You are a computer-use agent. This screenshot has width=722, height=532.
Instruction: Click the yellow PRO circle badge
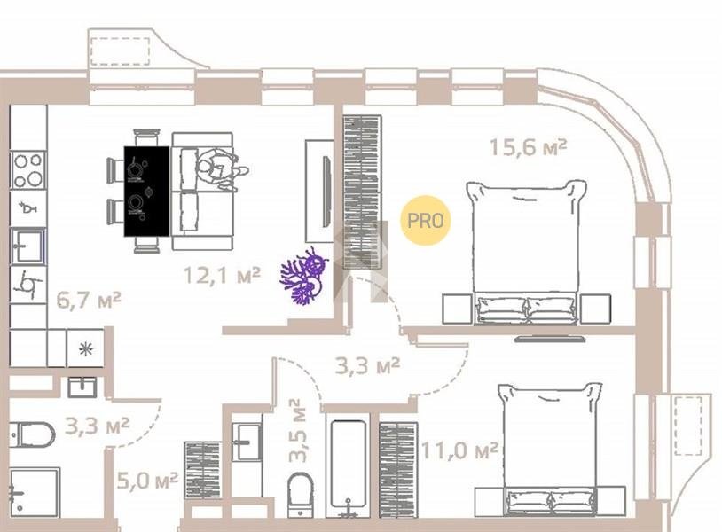click(425, 220)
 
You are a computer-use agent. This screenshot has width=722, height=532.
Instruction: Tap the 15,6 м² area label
click(528, 147)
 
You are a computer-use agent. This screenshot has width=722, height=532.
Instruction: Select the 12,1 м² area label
click(222, 275)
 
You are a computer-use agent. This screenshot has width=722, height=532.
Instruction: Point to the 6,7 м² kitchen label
click(89, 300)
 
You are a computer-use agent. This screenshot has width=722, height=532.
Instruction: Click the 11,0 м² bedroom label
click(459, 450)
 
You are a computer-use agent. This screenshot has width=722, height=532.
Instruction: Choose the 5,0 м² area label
click(147, 481)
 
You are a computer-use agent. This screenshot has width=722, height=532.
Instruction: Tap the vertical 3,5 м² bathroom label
click(297, 430)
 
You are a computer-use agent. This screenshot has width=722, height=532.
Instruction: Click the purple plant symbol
click(304, 276)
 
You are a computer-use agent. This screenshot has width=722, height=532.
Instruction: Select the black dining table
click(146, 191)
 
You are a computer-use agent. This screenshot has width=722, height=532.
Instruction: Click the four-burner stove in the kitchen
click(28, 170)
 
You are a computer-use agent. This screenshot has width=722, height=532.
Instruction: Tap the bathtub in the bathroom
click(349, 465)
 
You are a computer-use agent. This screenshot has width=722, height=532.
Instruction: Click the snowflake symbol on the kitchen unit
click(86, 348)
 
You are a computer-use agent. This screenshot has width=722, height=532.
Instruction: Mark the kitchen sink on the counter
click(28, 246)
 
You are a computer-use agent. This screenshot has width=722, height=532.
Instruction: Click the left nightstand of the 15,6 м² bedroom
click(457, 309)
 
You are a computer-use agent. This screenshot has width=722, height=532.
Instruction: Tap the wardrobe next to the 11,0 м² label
click(398, 470)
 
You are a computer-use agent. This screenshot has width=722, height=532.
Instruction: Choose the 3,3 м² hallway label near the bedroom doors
click(367, 366)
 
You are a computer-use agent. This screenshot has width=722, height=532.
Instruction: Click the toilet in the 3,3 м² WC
click(32, 434)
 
